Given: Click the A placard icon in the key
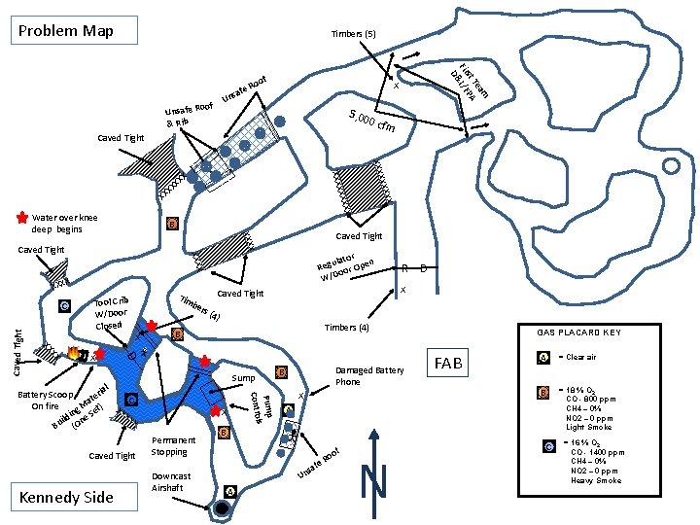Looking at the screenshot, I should click(x=543, y=357).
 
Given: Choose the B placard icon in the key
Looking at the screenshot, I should click(x=543, y=392).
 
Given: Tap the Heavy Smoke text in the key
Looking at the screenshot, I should click(x=597, y=480).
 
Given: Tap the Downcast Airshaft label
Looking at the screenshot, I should click(x=171, y=482).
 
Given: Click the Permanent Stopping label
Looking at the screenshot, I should click(x=176, y=445).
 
